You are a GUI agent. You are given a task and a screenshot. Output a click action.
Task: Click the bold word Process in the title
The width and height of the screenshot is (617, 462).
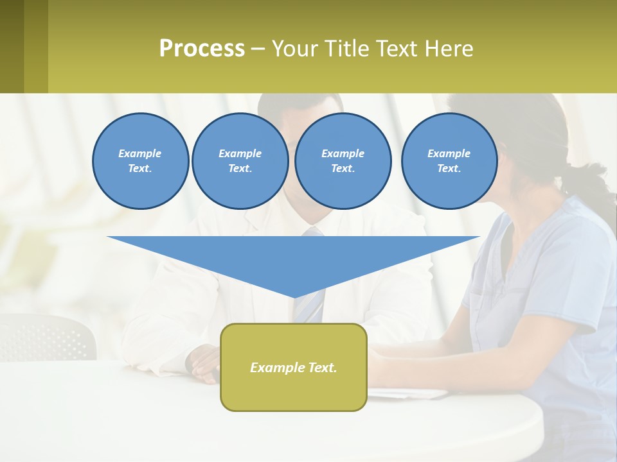(x=202, y=49)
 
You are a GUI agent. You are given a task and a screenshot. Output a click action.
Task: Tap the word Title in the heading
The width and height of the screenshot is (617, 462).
(x=345, y=49)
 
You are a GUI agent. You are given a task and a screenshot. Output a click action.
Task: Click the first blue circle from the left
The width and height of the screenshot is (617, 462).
(x=140, y=161)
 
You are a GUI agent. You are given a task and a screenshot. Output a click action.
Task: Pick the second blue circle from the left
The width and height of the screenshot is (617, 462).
(x=240, y=161)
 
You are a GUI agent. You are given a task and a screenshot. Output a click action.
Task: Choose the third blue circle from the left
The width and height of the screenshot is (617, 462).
(x=343, y=161)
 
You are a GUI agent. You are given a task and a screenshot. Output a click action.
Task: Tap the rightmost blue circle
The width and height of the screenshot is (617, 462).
(x=449, y=161)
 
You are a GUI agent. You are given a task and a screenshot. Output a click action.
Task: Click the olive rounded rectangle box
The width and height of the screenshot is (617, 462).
(x=294, y=391)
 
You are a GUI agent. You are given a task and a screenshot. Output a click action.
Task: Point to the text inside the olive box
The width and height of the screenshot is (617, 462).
(x=294, y=368)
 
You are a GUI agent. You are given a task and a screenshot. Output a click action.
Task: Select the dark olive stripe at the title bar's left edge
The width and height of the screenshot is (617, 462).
(x=12, y=46)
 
